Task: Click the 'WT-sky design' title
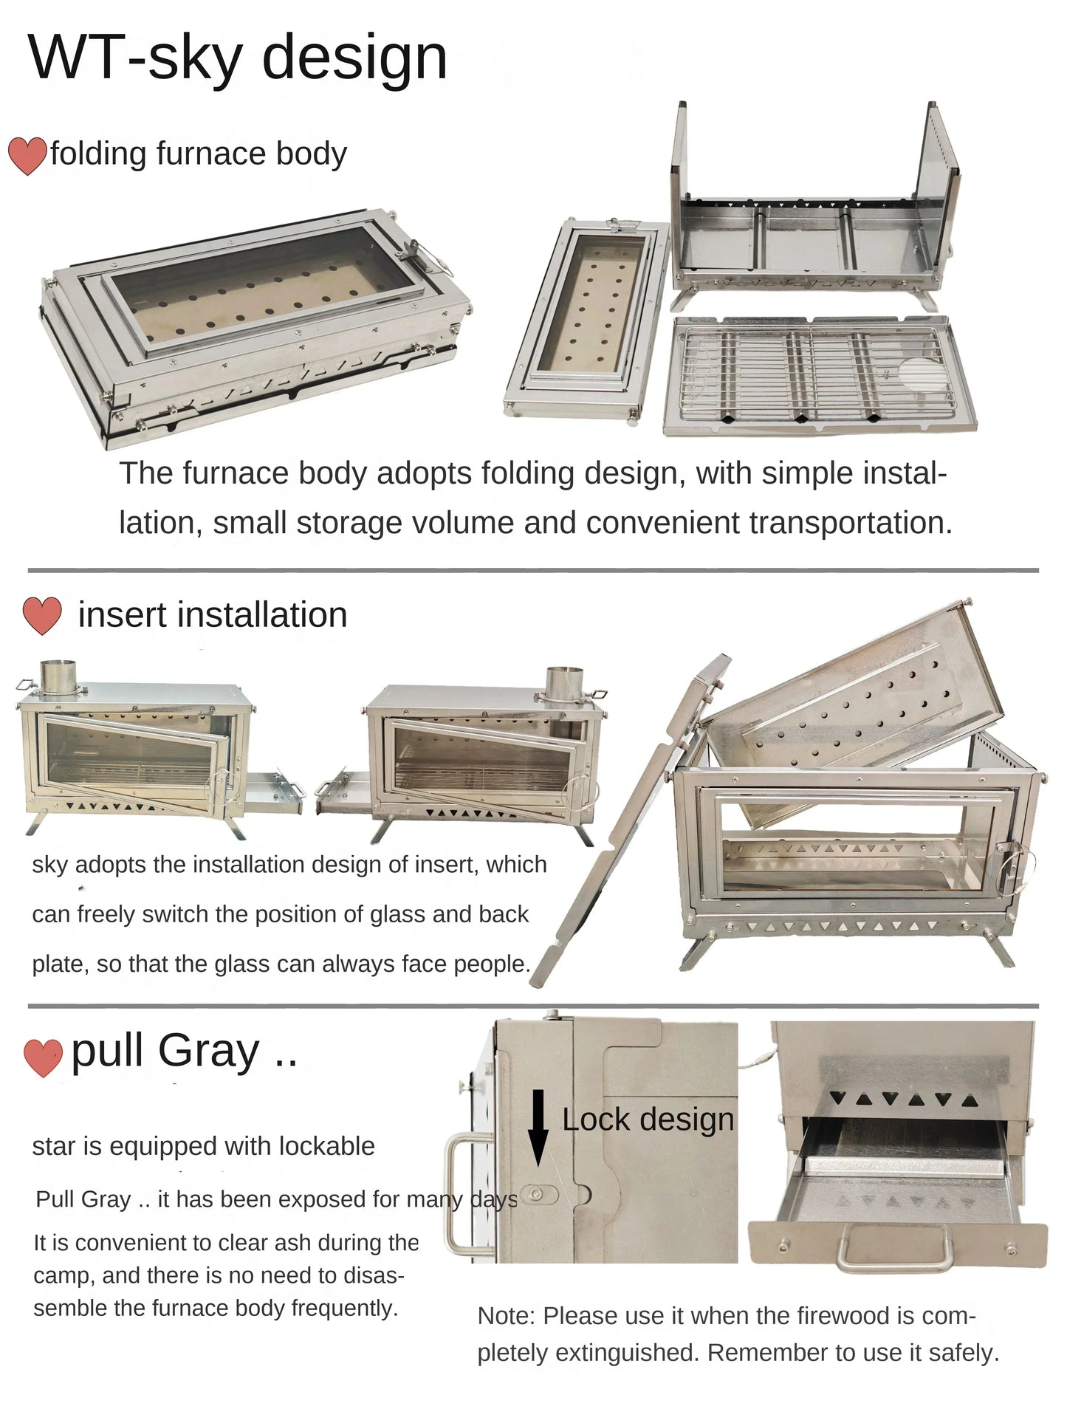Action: coord(238,58)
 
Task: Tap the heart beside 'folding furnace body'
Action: coord(27,156)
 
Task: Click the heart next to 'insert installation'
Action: coord(42,615)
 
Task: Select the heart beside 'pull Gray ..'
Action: coord(43,1057)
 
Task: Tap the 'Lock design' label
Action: coord(648,1119)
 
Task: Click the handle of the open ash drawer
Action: coord(894,1249)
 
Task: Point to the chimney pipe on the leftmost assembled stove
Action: coord(58,676)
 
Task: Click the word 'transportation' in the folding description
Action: coord(849,523)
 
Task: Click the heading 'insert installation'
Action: coord(213,615)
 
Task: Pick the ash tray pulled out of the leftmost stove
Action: coord(274,794)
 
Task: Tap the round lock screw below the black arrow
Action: coord(537,1194)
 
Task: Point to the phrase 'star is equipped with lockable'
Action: coord(203,1146)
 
